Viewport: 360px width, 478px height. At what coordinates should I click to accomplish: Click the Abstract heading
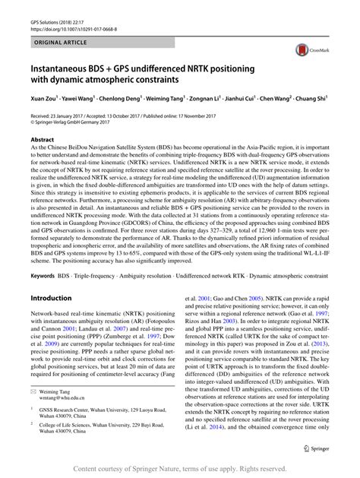43,140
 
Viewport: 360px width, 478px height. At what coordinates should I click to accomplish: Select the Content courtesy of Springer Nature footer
181,468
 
